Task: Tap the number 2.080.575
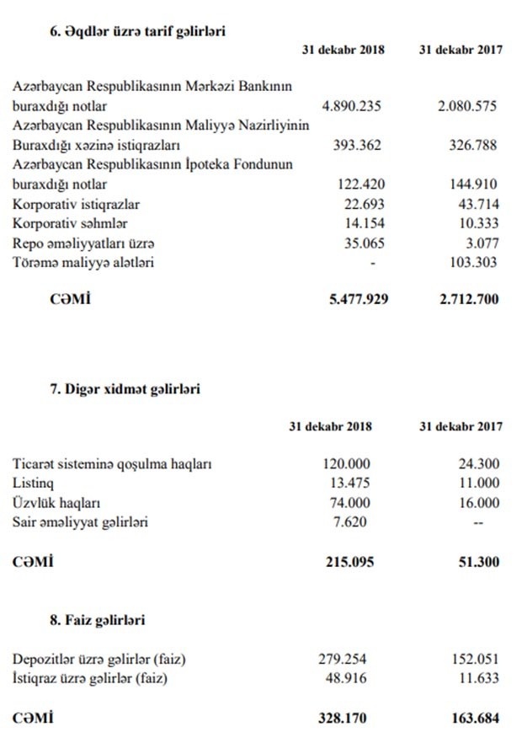point(467,106)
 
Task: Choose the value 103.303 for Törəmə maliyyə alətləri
point(473,262)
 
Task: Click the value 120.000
point(346,463)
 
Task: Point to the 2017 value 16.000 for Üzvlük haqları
point(477,502)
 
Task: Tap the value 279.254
point(346,658)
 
